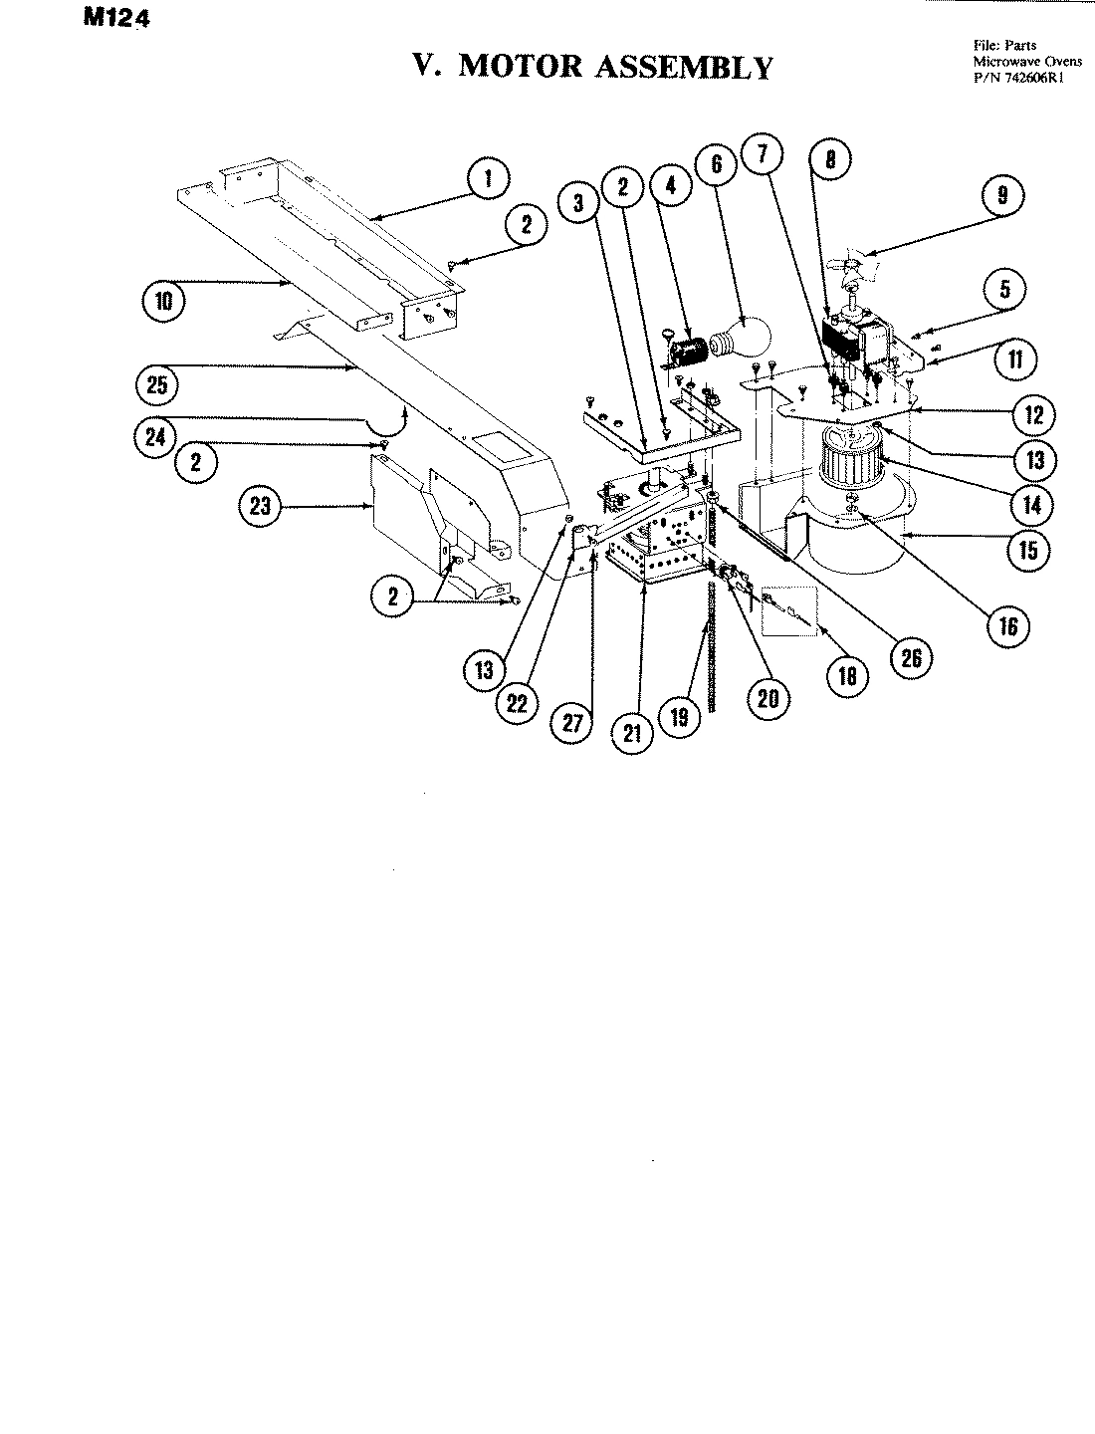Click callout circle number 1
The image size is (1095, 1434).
click(488, 180)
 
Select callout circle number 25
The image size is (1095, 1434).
click(157, 384)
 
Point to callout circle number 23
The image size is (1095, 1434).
click(259, 506)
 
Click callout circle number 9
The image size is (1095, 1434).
click(1002, 195)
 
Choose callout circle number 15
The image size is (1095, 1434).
click(1028, 549)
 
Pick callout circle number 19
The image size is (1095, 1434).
click(679, 717)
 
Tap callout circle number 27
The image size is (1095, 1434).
click(572, 724)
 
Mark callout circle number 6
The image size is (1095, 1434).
click(717, 162)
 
